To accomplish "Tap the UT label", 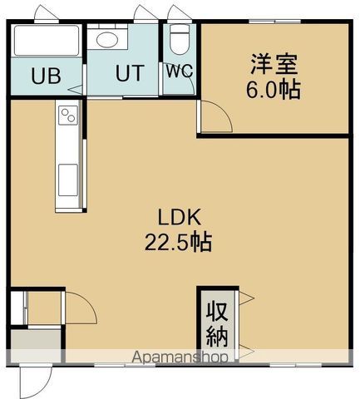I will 129,73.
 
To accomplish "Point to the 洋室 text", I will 274,64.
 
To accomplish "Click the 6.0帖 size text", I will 274,90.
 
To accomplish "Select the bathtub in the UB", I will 47,40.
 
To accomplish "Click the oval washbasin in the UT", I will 107,39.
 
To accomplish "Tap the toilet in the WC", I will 179,38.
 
